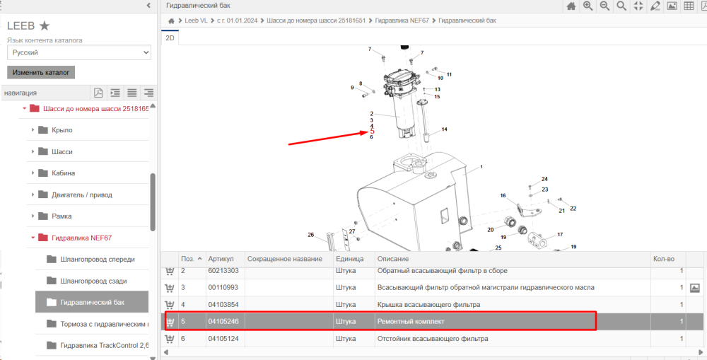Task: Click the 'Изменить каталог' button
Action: coord(41,72)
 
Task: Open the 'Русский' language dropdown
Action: coord(79,52)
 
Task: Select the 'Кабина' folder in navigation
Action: coord(63,173)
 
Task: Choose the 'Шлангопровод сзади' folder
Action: coord(93,281)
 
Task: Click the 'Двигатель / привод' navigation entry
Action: coord(81,195)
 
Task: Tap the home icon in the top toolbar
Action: coord(571,6)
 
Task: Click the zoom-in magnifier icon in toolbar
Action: coord(588,6)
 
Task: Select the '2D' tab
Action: coord(170,38)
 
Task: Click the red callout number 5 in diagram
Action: coord(372,132)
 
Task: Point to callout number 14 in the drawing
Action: coord(444,129)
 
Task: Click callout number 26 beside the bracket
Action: coord(310,235)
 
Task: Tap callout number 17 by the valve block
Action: coord(560,235)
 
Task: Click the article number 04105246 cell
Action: coord(223,322)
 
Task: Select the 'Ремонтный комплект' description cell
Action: coord(410,322)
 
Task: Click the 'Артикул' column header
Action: coord(221,259)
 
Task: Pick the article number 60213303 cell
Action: coord(223,271)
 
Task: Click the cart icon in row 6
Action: coord(170,339)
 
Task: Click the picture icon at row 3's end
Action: coord(694,288)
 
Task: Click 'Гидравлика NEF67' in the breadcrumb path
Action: coord(402,21)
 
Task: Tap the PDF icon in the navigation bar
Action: coord(98,93)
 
